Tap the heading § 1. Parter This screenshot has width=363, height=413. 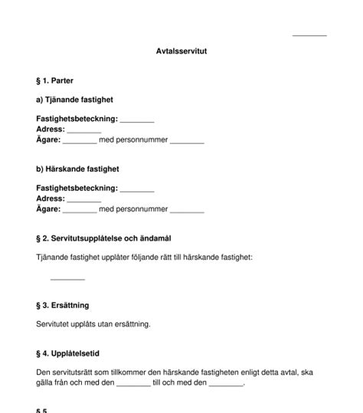tap(55, 80)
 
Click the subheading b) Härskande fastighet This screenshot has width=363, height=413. tap(77, 169)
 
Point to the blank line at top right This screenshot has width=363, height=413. tap(309, 34)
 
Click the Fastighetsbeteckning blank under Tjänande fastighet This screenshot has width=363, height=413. tap(137, 121)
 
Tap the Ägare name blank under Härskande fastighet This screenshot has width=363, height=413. tap(80, 210)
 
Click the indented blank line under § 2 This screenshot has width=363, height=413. tap(67, 278)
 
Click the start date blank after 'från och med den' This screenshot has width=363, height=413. tap(134, 384)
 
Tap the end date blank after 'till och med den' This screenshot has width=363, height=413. tap(226, 384)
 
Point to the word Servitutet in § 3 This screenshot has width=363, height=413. tap(54, 324)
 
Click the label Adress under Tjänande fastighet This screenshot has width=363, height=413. tap(50, 130)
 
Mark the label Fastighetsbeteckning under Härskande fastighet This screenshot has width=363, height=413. tap(77, 188)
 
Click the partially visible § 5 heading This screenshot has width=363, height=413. tap(42, 410)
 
